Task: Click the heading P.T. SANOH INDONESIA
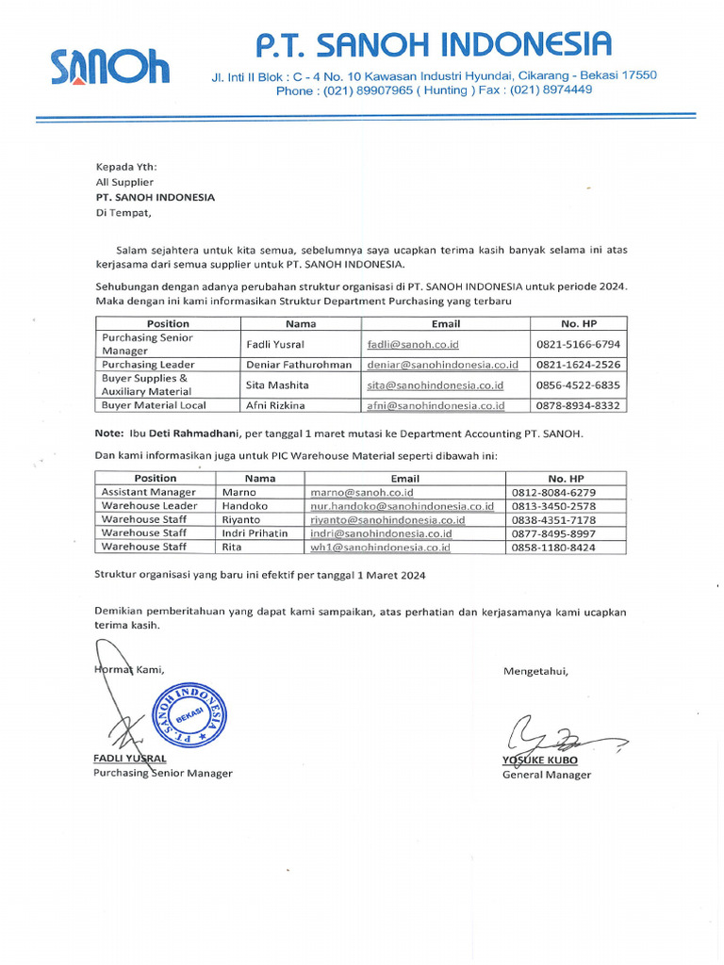click(435, 42)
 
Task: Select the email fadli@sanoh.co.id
click(413, 344)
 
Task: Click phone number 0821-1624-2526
click(578, 365)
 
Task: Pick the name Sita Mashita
click(277, 384)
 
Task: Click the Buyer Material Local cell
click(154, 405)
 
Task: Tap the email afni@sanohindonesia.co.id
click(436, 405)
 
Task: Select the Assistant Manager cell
click(149, 492)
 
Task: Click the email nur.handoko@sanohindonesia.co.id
click(402, 506)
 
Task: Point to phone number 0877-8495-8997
click(553, 532)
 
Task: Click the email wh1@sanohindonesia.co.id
click(380, 547)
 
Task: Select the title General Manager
click(547, 775)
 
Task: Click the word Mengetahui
click(535, 671)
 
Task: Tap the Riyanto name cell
click(241, 519)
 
